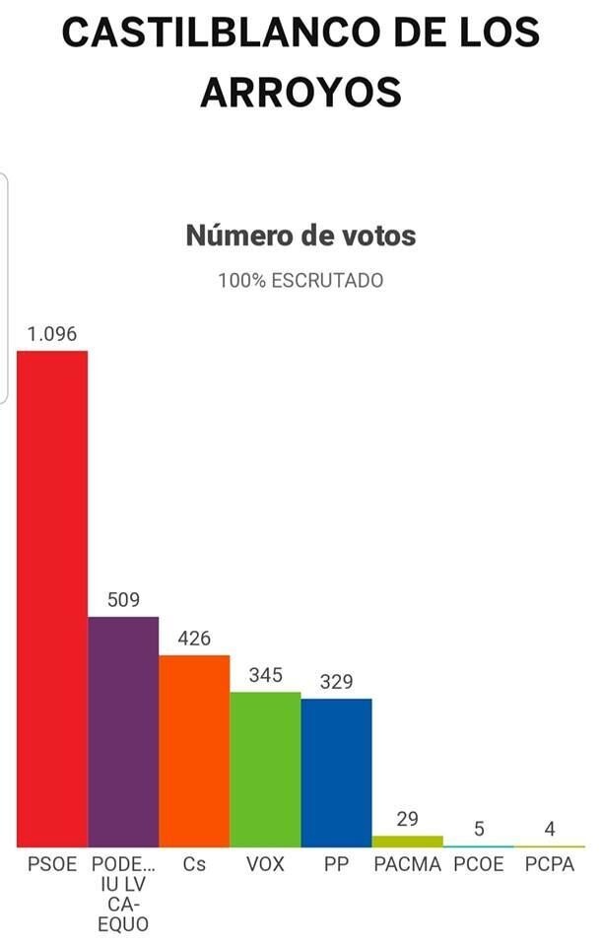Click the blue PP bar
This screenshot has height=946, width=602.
coord(336,773)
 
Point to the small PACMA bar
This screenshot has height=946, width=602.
coord(407,842)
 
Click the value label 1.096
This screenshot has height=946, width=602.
coord(52,334)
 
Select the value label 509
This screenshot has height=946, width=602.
coord(123,599)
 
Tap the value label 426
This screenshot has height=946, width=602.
coord(194,638)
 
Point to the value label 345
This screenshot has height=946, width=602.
coord(265,675)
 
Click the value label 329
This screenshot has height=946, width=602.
coord(336,682)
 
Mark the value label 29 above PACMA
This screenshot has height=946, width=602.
coord(407,819)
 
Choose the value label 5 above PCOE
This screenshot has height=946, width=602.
coord(479,829)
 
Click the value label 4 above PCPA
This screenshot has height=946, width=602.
coord(549,829)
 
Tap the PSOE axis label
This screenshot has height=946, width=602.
coord(52,864)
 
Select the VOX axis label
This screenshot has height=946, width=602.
coord(265,864)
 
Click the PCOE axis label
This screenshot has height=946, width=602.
coord(479,864)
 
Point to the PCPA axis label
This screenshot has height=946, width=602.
coord(549,864)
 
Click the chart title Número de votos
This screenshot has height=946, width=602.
coord(301,236)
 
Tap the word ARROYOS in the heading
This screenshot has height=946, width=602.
coord(301,93)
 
